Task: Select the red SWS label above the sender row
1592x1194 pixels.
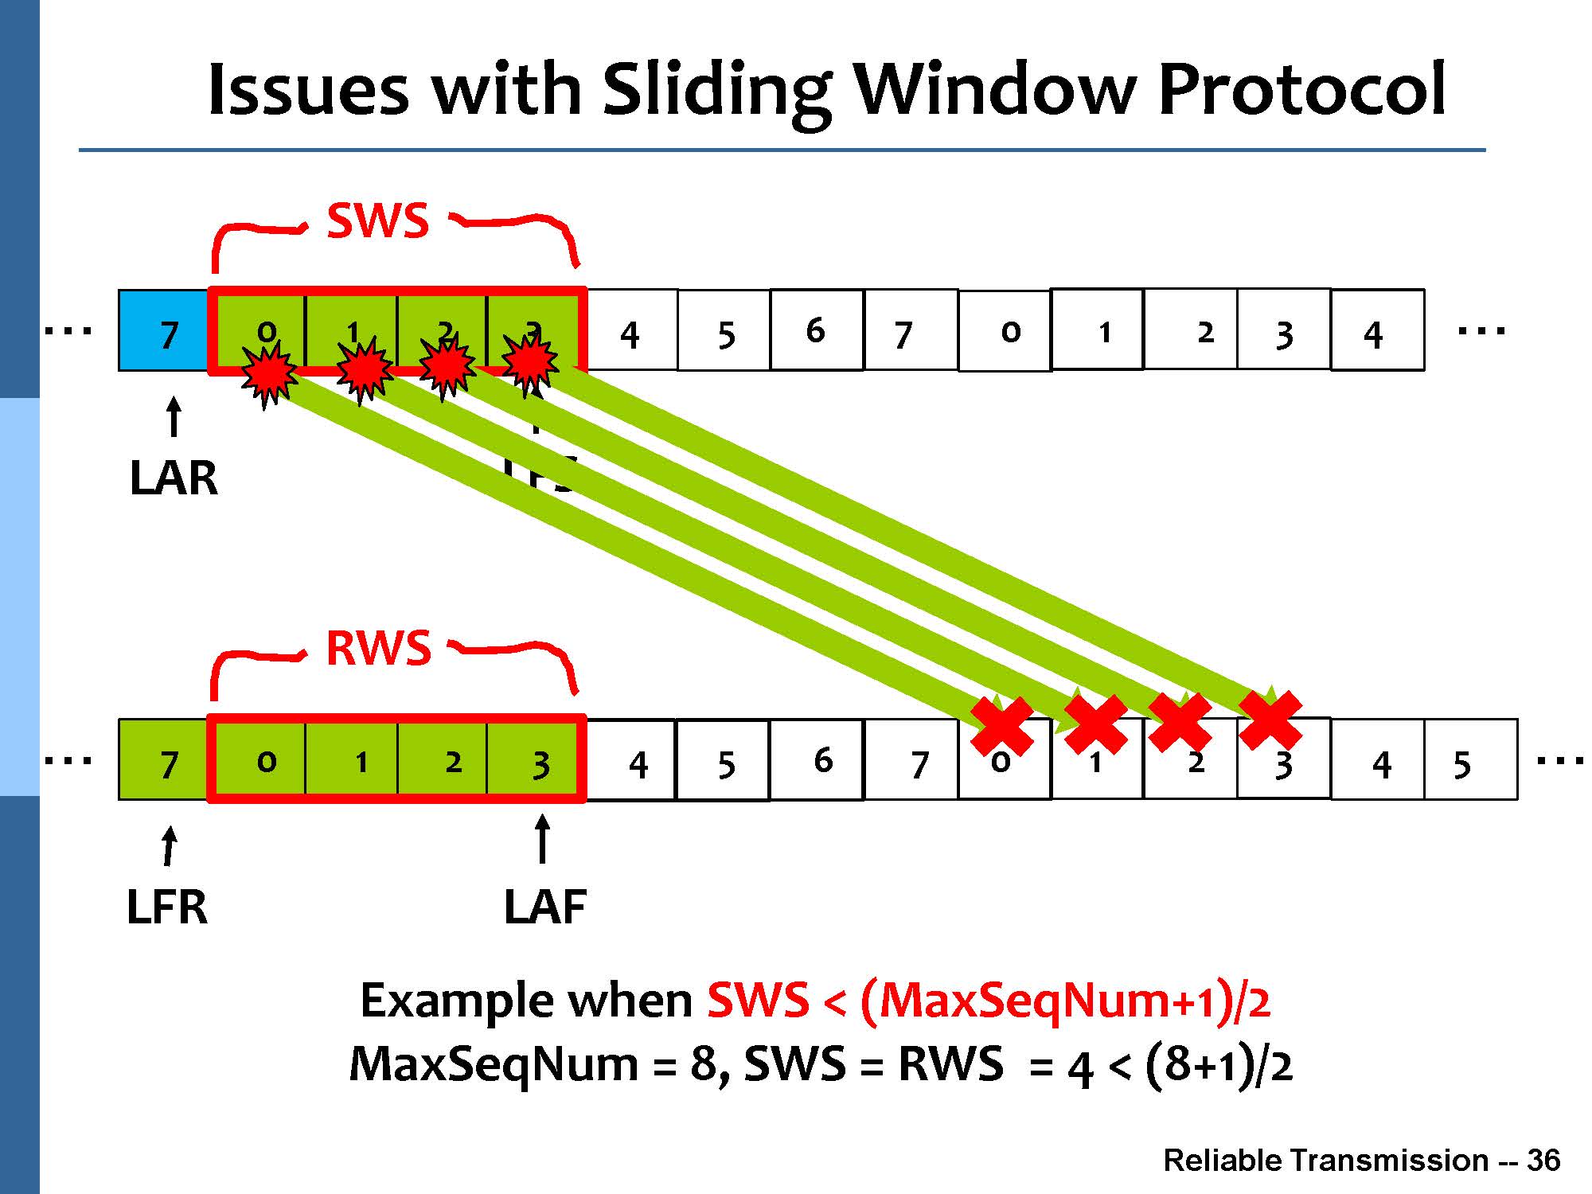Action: coord(378,220)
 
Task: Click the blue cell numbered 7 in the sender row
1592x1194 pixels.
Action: coord(164,331)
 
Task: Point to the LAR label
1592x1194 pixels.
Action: coord(174,478)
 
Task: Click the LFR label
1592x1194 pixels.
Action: coord(167,907)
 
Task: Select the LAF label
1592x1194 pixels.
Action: coord(545,907)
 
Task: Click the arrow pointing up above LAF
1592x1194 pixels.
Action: coord(542,839)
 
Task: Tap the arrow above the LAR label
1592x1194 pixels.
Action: coord(173,417)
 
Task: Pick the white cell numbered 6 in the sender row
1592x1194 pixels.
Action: coord(817,330)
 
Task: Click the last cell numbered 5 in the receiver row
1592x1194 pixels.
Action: coord(1470,760)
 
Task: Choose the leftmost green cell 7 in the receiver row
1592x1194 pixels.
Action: coord(164,760)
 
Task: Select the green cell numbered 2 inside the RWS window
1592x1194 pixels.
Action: coord(443,760)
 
